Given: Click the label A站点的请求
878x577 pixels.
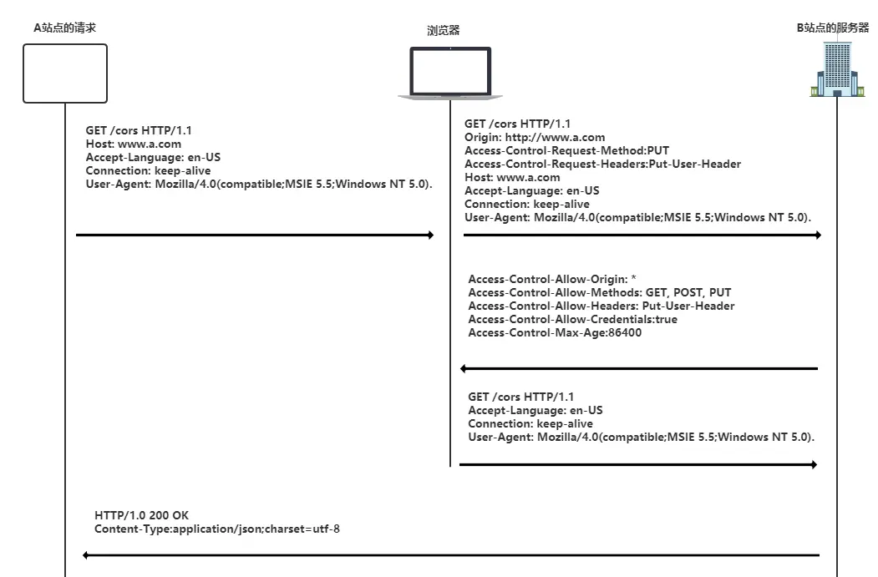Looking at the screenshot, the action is pos(64,28).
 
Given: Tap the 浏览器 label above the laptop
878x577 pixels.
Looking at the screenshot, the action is pos(444,31).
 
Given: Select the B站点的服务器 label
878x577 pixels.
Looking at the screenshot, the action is pos(832,28).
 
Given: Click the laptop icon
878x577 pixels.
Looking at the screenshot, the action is pos(449,73).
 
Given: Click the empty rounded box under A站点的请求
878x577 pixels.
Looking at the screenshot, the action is pos(65,73).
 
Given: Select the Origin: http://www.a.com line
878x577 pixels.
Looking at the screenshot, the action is pos(535,137).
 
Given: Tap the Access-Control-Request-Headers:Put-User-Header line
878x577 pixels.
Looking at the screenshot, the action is pos(602,164).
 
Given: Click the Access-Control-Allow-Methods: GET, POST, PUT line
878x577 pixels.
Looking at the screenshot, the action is pos(599,292).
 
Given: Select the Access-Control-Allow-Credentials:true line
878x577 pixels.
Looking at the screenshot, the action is pos(572,319).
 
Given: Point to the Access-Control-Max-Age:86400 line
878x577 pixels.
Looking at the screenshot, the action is pos(555,332).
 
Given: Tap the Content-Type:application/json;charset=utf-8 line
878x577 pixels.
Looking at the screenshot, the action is pos(217,529).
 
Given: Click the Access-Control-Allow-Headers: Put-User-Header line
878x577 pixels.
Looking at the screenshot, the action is pos(601,306).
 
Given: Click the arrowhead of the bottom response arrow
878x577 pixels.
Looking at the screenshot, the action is pos(87,554).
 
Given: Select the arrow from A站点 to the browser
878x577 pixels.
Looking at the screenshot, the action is pos(255,235).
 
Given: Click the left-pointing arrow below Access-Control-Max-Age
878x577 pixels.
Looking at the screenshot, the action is pos(639,368).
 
